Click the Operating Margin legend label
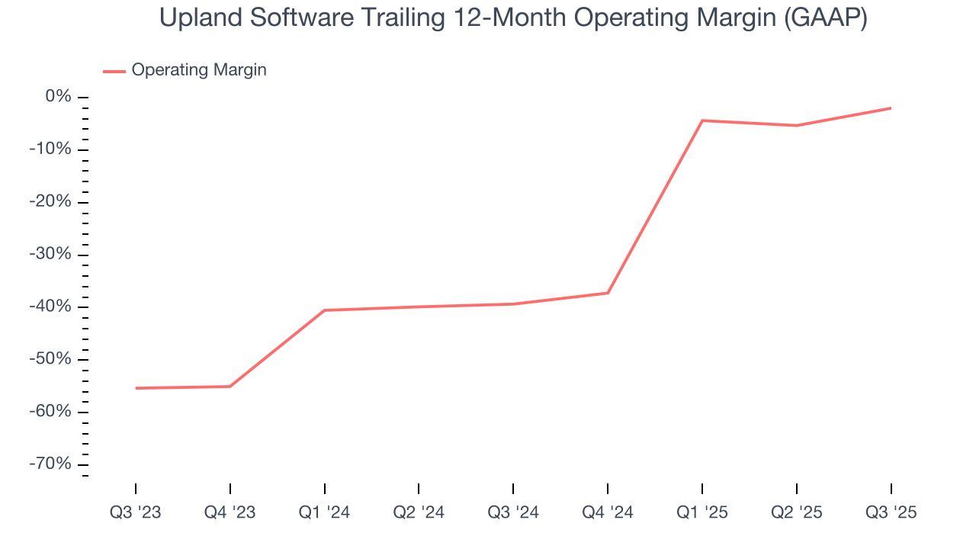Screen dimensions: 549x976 (199, 70)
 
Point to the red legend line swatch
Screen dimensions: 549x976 (114, 72)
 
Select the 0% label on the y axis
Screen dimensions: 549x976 (58, 97)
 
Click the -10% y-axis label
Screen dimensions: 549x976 (50, 149)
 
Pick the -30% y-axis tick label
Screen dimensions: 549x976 (50, 255)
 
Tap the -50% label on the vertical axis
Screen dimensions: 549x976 (50, 359)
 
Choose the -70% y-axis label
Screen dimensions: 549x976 (50, 464)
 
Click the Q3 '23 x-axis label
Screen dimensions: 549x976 (136, 512)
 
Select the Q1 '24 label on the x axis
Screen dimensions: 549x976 (325, 512)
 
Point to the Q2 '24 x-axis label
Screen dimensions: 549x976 (419, 512)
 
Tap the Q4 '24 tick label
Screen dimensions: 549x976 (608, 512)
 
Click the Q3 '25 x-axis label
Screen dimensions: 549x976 (891, 512)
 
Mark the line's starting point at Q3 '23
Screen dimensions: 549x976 (136, 388)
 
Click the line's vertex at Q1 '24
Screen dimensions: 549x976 (325, 310)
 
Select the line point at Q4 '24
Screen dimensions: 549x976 (608, 293)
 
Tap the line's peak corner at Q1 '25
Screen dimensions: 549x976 (702, 120)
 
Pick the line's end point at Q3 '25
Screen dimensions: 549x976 (891, 108)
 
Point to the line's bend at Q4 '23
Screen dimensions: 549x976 (230, 387)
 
